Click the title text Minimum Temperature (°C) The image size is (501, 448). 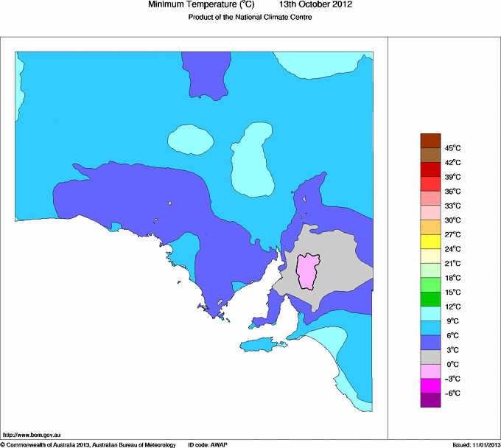[201, 5]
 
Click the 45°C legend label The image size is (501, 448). [452, 148]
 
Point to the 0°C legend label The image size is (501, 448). [452, 364]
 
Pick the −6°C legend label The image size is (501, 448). [452, 393]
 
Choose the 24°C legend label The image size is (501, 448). [452, 249]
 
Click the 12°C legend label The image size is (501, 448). [452, 307]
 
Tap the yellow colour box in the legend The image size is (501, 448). [430, 242]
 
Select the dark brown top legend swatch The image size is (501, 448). [430, 141]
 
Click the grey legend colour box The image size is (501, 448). [430, 357]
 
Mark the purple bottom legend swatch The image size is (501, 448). [430, 400]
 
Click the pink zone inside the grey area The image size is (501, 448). [309, 270]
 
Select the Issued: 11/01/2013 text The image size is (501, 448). [475, 444]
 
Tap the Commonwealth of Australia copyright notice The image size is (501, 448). [88, 444]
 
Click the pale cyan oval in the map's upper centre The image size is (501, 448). [191, 137]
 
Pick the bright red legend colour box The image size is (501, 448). [430, 184]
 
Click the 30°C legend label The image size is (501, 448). [452, 220]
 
